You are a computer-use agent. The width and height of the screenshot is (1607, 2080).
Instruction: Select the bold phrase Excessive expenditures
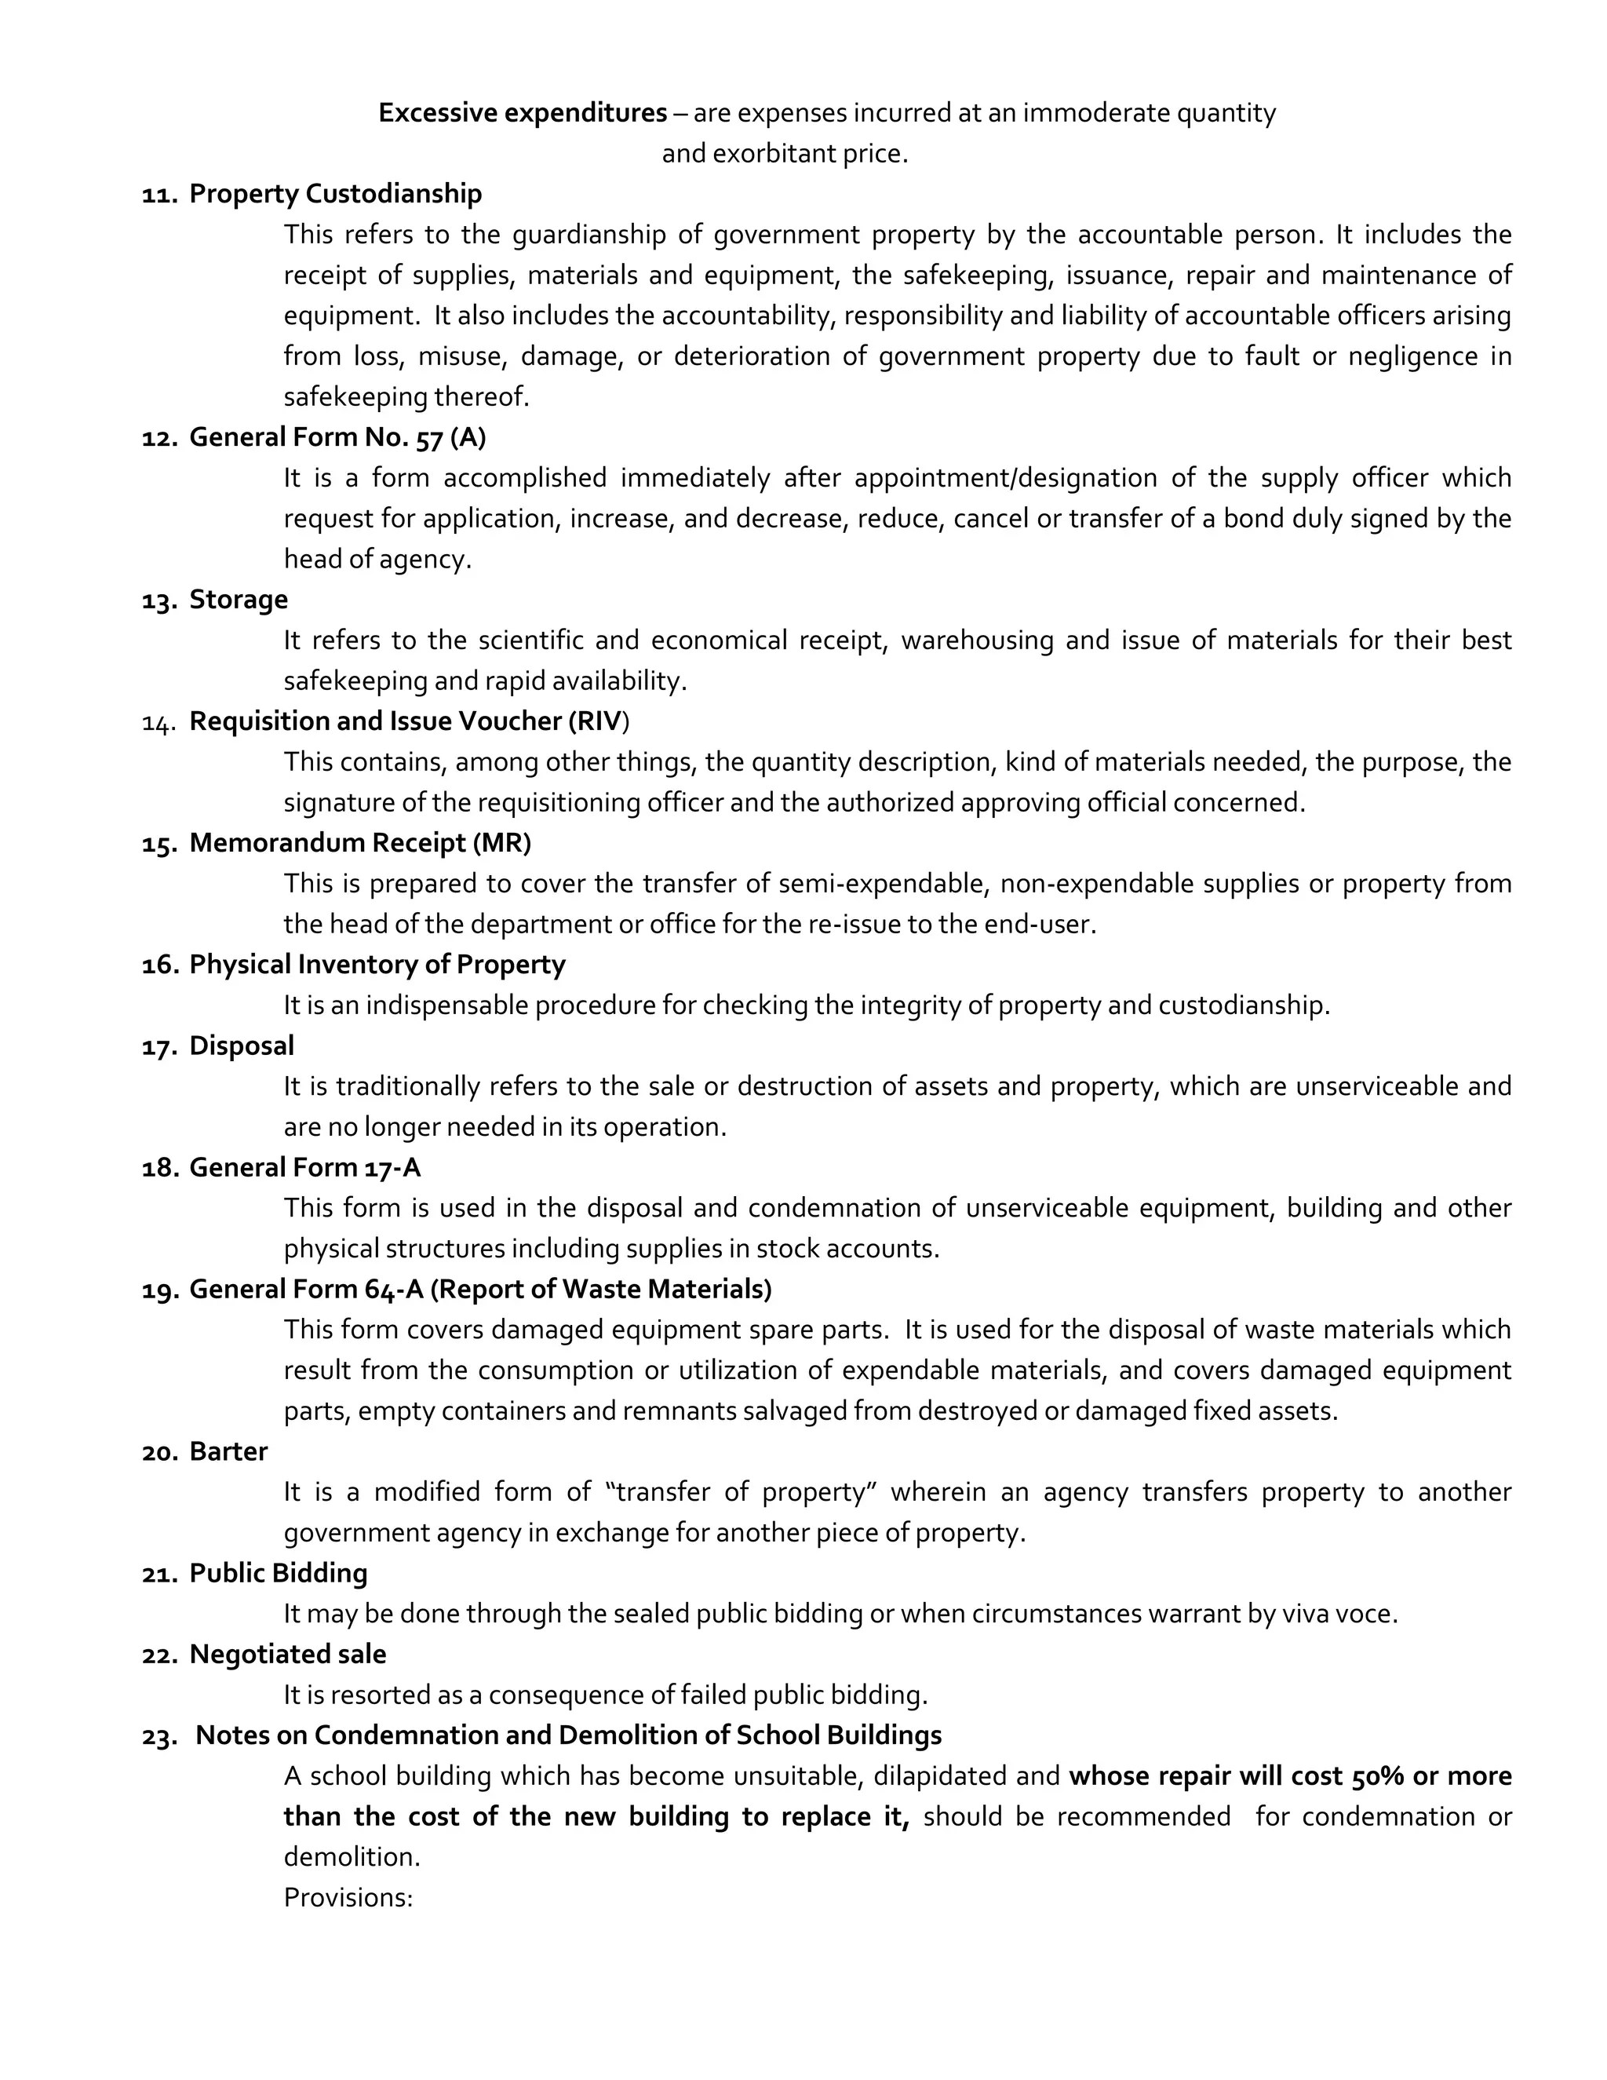pyautogui.click(x=523, y=112)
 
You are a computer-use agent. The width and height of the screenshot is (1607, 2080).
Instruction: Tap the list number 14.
pyautogui.click(x=157, y=723)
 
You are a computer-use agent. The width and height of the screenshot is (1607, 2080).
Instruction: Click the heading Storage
pyautogui.click(x=238, y=599)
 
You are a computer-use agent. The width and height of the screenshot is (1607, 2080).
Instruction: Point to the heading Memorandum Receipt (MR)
pyautogui.click(x=360, y=843)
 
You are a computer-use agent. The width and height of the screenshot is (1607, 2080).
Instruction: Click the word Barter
pyautogui.click(x=228, y=1451)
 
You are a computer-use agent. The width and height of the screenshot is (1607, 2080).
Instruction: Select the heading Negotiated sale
pyautogui.click(x=287, y=1655)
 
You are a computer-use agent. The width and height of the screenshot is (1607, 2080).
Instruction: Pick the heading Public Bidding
pyautogui.click(x=278, y=1573)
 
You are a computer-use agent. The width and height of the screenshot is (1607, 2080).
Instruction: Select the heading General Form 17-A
pyautogui.click(x=304, y=1168)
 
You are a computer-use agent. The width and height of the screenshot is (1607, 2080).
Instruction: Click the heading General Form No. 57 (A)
pyautogui.click(x=337, y=437)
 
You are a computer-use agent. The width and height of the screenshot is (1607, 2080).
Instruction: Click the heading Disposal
pyautogui.click(x=242, y=1045)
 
